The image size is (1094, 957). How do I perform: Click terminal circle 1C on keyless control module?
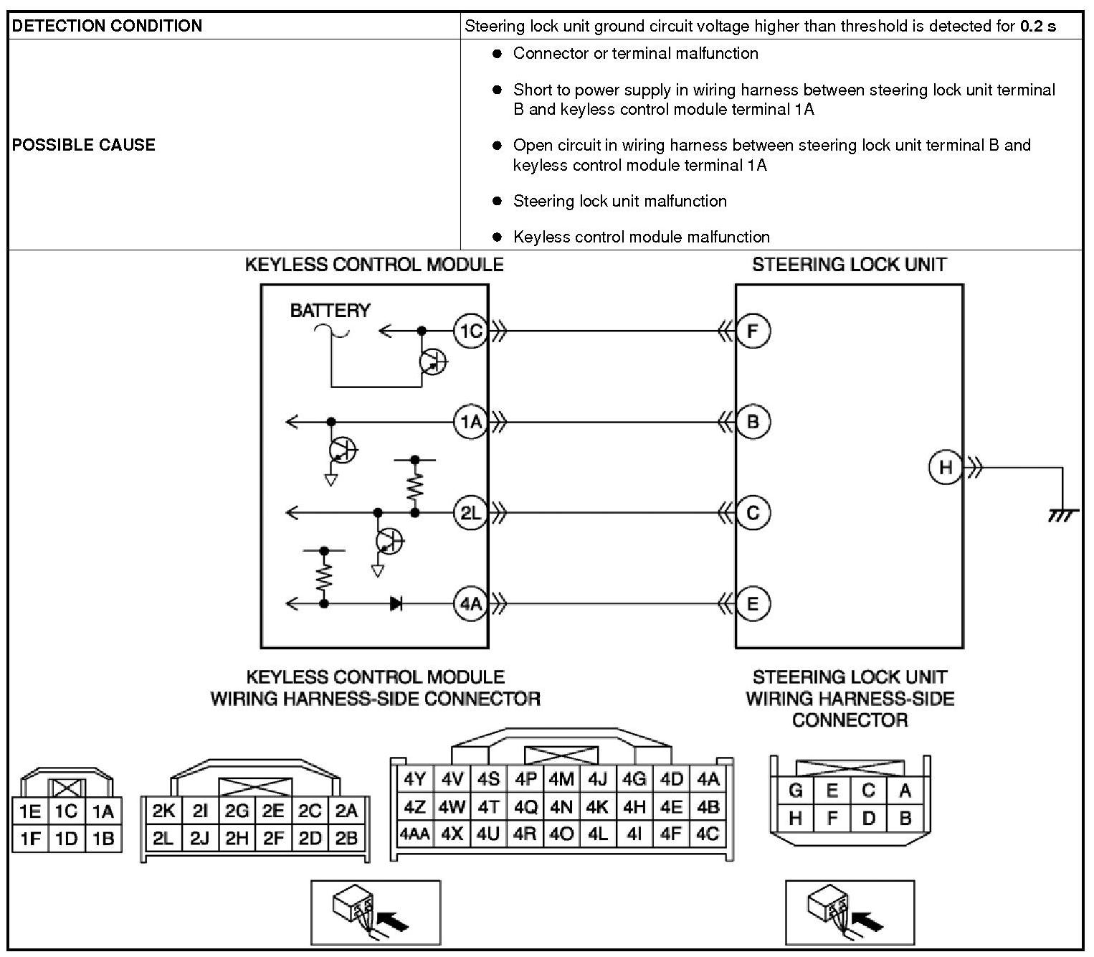tap(470, 331)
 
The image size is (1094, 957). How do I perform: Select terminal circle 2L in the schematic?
tap(470, 513)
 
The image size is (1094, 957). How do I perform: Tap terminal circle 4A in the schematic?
tap(470, 604)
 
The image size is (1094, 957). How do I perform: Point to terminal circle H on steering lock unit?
tap(946, 468)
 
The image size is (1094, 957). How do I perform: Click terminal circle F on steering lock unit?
tap(753, 331)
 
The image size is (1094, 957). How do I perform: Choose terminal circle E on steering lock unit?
tap(753, 604)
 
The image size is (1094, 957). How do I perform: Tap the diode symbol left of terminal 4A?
tap(396, 604)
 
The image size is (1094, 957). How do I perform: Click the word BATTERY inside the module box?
tap(330, 311)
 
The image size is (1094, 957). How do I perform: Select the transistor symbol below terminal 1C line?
tap(433, 362)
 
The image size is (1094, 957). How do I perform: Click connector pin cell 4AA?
tap(414, 834)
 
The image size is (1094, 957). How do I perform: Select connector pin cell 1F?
tap(30, 839)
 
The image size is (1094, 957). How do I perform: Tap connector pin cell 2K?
tap(163, 811)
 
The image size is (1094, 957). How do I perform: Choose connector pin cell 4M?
tap(561, 779)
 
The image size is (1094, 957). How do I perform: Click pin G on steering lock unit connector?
tap(795, 791)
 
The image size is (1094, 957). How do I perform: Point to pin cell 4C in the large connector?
tap(708, 834)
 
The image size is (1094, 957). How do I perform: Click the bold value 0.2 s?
tap(1037, 27)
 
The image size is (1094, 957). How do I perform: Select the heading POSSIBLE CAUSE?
tap(84, 145)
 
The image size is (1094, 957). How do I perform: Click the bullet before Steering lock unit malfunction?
tap(497, 202)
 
